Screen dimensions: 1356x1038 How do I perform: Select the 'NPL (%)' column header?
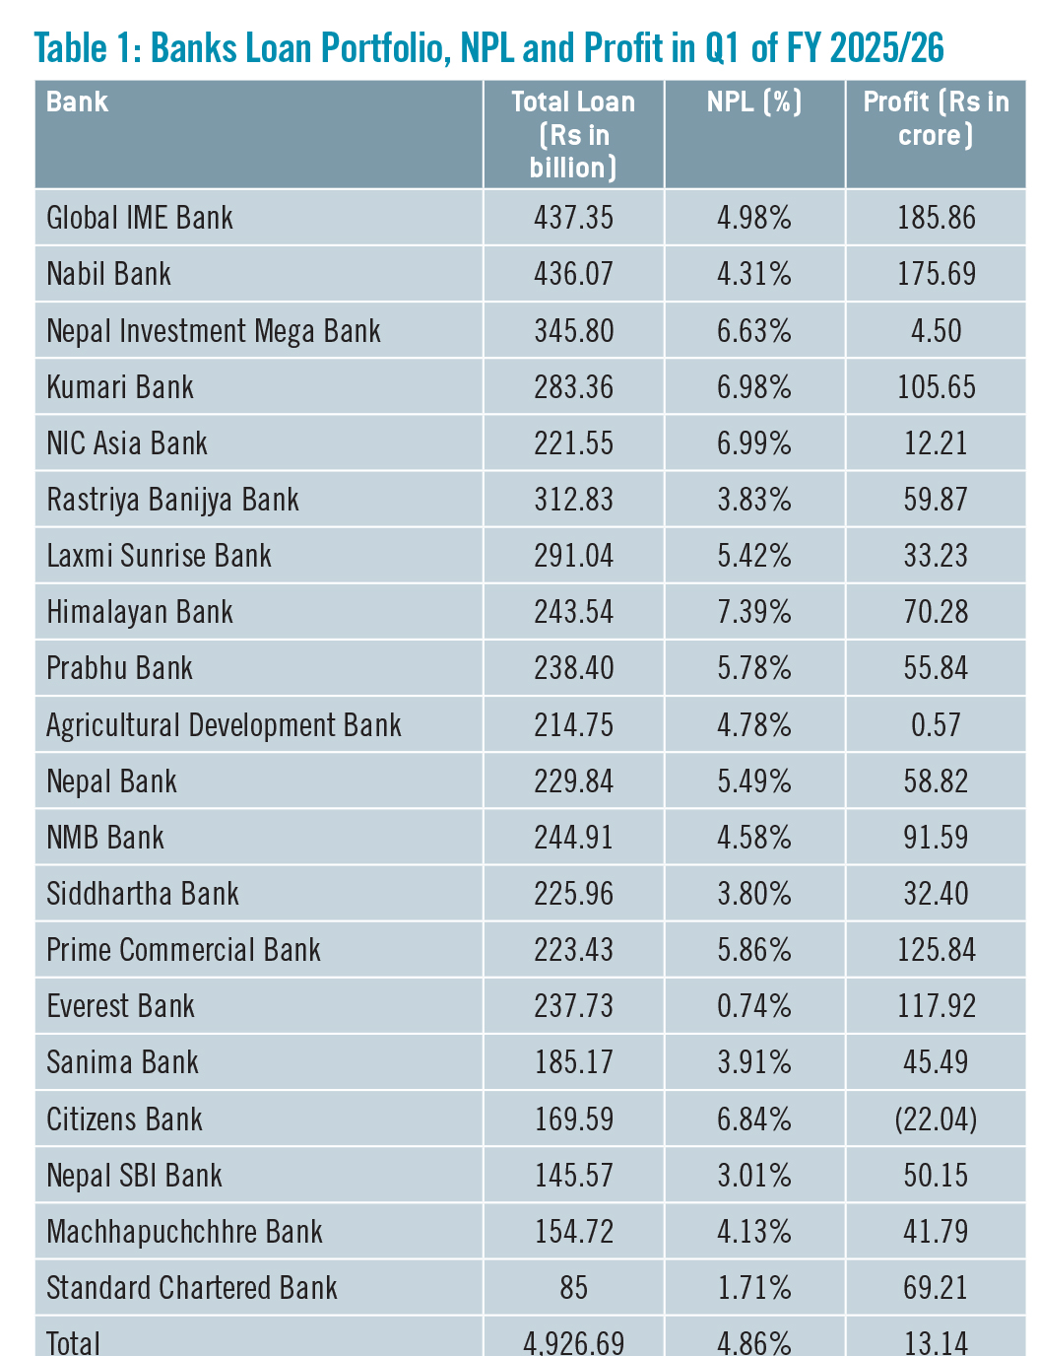pyautogui.click(x=754, y=102)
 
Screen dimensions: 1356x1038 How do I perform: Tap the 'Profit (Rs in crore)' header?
pyautogui.click(x=936, y=118)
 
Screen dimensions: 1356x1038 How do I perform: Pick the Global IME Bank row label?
pyautogui.click(x=140, y=218)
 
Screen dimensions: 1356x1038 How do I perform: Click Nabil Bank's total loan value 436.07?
pyautogui.click(x=573, y=274)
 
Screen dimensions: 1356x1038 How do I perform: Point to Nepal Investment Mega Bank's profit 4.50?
pyautogui.click(x=936, y=331)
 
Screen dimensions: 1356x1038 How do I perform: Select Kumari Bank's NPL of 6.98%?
pyautogui.click(x=754, y=387)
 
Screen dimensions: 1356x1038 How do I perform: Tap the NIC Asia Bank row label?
pyautogui.click(x=127, y=443)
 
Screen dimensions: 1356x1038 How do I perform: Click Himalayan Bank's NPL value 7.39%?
pyautogui.click(x=754, y=612)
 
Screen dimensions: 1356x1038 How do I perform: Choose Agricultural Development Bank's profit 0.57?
pyautogui.click(x=936, y=725)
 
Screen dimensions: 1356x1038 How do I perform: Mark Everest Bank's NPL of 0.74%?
pyautogui.click(x=754, y=1006)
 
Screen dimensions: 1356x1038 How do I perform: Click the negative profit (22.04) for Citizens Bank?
pyautogui.click(x=936, y=1119)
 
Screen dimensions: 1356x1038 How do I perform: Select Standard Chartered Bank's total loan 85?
pyautogui.click(x=573, y=1288)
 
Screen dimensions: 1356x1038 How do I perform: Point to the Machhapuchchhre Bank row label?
pyautogui.click(x=184, y=1232)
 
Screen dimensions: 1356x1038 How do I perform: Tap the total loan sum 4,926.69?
pyautogui.click(x=573, y=1342)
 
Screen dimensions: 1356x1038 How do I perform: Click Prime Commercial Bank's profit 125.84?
pyautogui.click(x=936, y=950)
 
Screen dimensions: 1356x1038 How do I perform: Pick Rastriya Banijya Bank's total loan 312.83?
pyautogui.click(x=573, y=500)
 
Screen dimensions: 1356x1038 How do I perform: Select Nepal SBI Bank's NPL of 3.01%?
pyautogui.click(x=754, y=1176)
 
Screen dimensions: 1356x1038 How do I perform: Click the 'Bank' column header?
pyautogui.click(x=77, y=102)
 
